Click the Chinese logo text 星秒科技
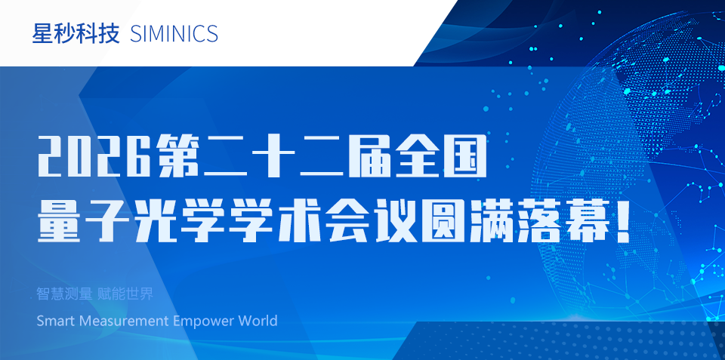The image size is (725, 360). point(76,34)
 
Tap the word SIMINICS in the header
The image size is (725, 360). point(174,34)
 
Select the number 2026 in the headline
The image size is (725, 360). point(94,155)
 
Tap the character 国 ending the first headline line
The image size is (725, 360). point(464,155)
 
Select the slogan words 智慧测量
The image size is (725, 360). point(65,294)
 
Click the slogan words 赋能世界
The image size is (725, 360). point(125,294)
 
